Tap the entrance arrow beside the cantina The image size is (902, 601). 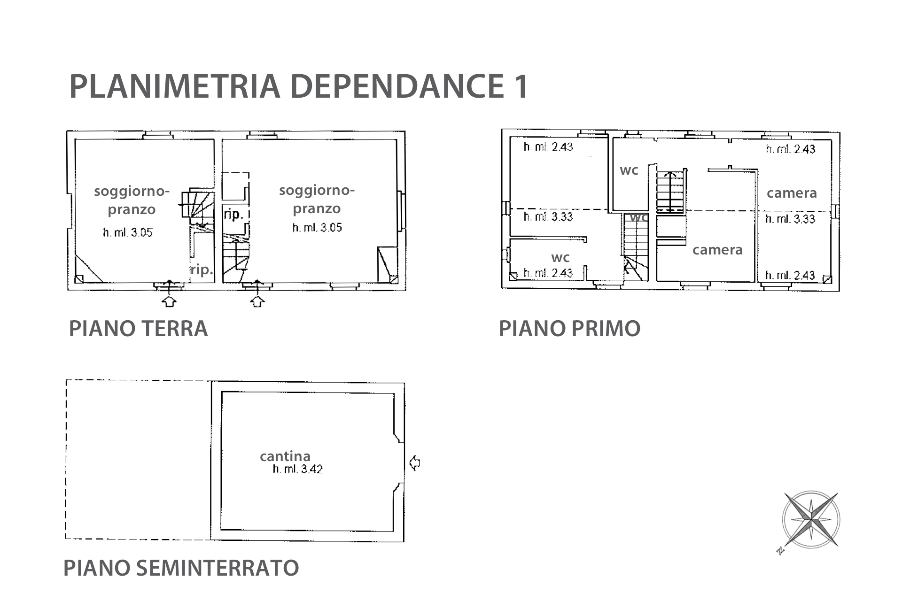pos(415,463)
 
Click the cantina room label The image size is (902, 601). pos(285,456)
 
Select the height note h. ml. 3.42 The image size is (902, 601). pos(298,469)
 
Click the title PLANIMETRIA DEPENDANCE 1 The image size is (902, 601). pos(299,86)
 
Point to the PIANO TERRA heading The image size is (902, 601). pos(138,328)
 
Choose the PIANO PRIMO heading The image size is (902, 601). pos(569,328)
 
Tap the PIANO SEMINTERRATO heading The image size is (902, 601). pos(181,568)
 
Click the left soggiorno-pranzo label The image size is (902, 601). pos(132,200)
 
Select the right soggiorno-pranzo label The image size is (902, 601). pos(317,200)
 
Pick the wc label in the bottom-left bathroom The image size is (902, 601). pos(560,257)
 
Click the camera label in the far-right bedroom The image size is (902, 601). pos(792,193)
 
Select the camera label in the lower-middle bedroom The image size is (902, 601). pos(717,250)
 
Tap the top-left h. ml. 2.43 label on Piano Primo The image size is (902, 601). pos(548,147)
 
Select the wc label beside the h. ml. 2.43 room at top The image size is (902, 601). pos(629,170)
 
